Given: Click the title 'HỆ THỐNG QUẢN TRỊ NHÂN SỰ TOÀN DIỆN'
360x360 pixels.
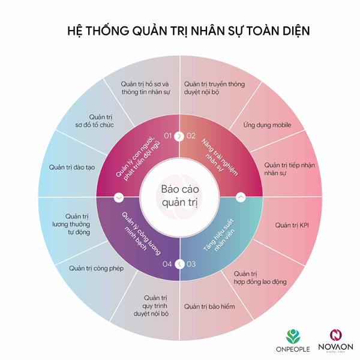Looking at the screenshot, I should point(180,31).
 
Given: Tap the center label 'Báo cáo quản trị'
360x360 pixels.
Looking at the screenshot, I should point(180,196).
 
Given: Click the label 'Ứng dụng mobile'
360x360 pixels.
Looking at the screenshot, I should point(267,125).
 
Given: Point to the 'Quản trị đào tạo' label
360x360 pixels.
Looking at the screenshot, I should point(73,167).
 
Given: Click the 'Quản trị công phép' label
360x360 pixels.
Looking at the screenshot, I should point(96,268).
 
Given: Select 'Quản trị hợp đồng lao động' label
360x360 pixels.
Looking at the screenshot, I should point(260,277).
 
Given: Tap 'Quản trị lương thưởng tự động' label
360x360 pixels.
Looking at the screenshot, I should point(78,223).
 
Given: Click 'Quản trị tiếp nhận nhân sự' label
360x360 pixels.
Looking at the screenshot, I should point(281,169).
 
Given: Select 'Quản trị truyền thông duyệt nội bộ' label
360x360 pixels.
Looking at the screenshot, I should point(214,89).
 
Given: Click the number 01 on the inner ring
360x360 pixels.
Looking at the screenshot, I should point(167,136).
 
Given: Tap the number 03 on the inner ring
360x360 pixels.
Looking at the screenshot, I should point(191,264).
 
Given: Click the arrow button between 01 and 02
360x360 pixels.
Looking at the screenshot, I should point(179,136).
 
